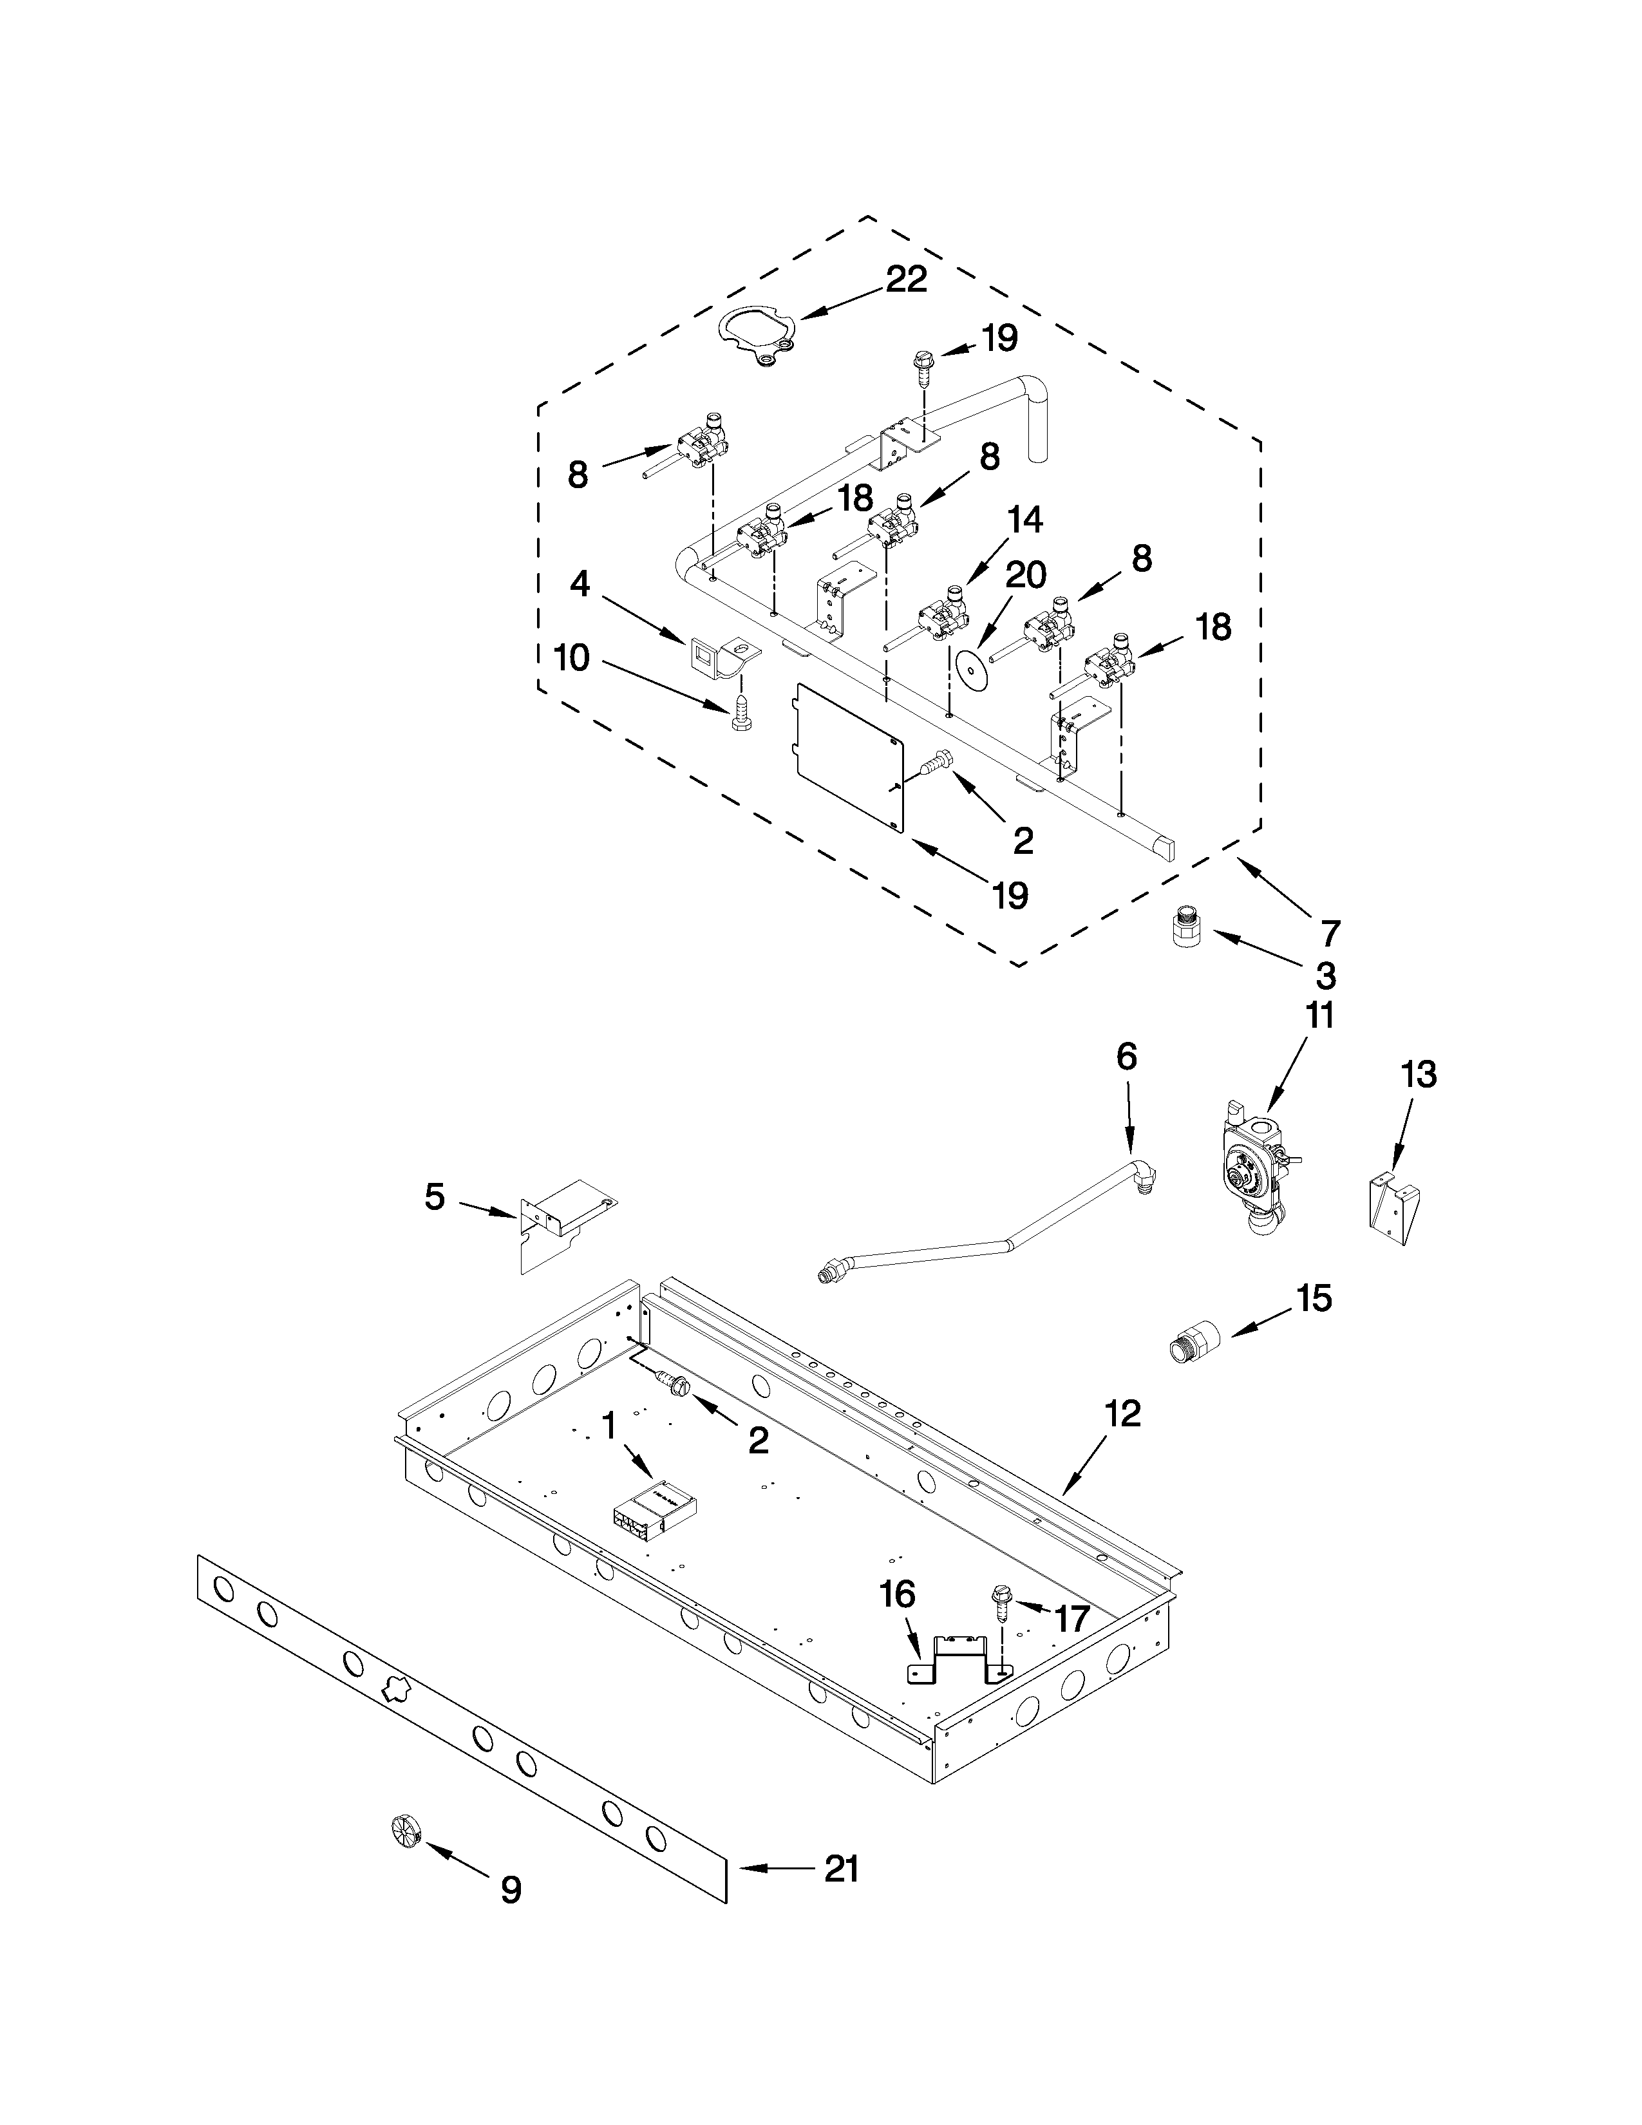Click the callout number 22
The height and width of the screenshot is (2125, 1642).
905,279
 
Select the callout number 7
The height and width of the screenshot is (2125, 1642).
1330,932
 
